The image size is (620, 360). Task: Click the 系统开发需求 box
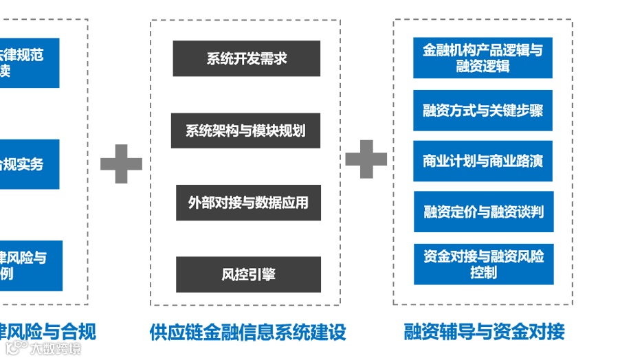pyautogui.click(x=246, y=58)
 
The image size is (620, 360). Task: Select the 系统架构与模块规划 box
pyautogui.click(x=245, y=131)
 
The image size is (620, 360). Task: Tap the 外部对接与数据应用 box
pyautogui.click(x=248, y=203)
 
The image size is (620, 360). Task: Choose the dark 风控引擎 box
pyautogui.click(x=248, y=274)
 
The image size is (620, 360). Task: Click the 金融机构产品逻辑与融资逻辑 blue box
pyautogui.click(x=483, y=58)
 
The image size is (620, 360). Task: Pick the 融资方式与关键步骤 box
pyautogui.click(x=483, y=110)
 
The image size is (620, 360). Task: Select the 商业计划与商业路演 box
pyautogui.click(x=483, y=161)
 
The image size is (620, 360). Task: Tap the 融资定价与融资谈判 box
pyautogui.click(x=483, y=212)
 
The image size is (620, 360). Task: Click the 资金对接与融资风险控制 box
pyautogui.click(x=483, y=265)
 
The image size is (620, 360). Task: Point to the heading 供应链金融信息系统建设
pyautogui.click(x=247, y=333)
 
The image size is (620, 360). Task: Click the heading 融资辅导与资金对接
pyautogui.click(x=484, y=333)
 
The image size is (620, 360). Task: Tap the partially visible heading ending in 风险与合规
pyautogui.click(x=48, y=333)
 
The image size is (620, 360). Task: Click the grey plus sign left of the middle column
pyautogui.click(x=121, y=164)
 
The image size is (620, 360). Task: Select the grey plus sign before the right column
pyautogui.click(x=366, y=159)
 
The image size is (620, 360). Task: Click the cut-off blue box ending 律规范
pyautogui.click(x=28, y=63)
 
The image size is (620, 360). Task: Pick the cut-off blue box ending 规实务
pyautogui.click(x=28, y=164)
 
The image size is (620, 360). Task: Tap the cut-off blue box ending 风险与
pyautogui.click(x=30, y=265)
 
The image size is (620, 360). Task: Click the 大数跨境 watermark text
pyautogui.click(x=55, y=349)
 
